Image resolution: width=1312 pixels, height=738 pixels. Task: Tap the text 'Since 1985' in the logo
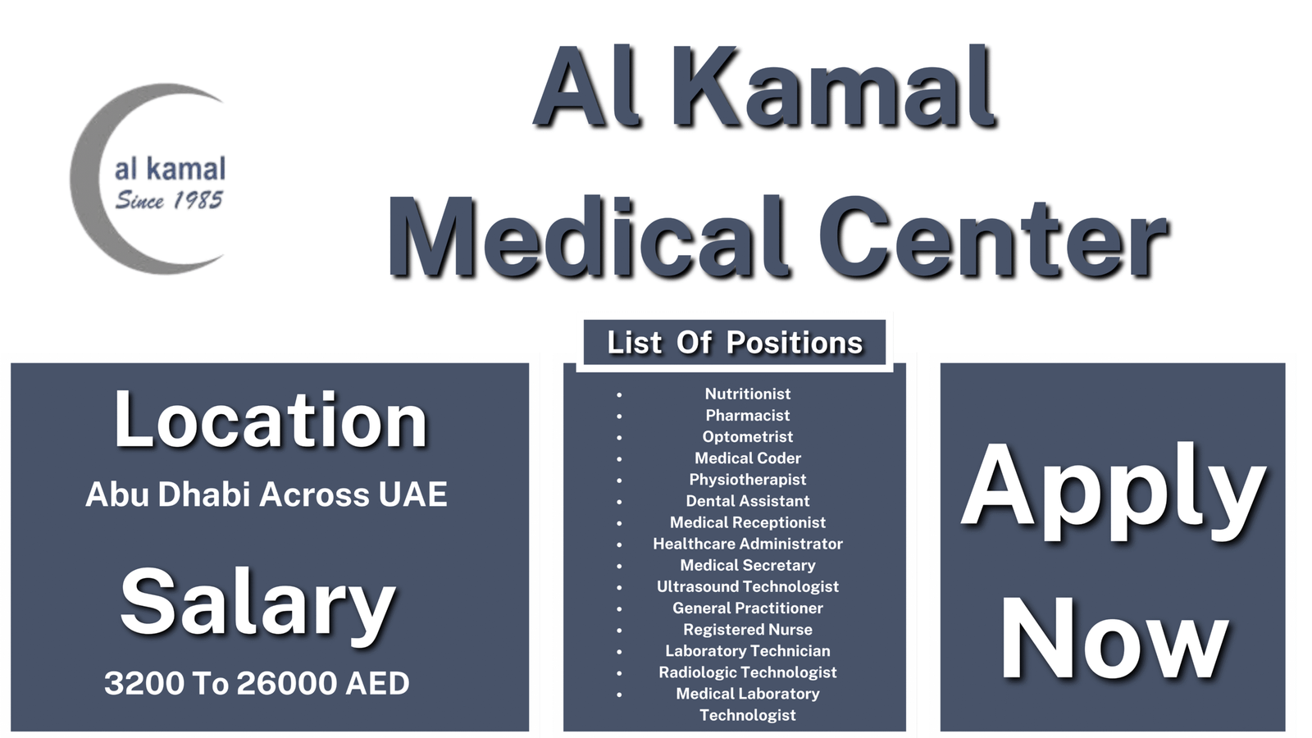[169, 200]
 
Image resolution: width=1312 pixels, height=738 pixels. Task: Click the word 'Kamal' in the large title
[838, 89]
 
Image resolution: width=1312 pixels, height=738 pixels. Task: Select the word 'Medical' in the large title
[587, 238]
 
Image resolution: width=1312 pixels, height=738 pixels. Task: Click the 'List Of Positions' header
[735, 343]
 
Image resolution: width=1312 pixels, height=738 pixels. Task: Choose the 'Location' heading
[271, 420]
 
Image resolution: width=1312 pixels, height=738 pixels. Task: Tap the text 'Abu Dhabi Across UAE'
[266, 494]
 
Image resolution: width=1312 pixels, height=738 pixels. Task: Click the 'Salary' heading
[258, 603]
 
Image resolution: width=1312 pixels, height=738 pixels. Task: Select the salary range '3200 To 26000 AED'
[257, 683]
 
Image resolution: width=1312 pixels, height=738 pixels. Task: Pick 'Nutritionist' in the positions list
[748, 394]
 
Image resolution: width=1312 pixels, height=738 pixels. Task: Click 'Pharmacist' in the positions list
[748, 415]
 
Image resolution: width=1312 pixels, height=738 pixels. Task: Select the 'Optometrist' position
[748, 436]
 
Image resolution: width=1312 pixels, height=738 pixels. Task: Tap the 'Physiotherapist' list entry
[748, 479]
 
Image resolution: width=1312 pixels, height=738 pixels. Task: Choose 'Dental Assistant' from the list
[748, 500]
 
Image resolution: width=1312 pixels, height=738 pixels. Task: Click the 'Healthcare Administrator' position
[748, 544]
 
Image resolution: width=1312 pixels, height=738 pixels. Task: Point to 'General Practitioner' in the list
[748, 608]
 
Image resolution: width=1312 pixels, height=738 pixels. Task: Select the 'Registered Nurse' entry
[748, 629]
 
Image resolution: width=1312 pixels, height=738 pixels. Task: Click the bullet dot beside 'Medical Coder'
[619, 459]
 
